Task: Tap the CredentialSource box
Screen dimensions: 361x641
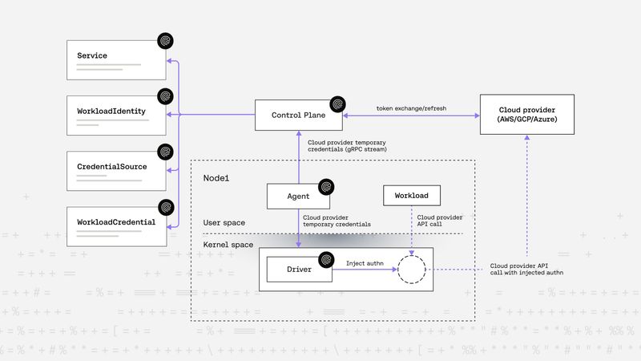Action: [x=116, y=169]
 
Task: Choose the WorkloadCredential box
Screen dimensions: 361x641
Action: [x=116, y=225]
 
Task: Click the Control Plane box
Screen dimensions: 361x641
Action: [x=299, y=116]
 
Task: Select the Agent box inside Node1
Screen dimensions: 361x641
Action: [x=298, y=196]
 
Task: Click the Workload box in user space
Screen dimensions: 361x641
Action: [x=412, y=196]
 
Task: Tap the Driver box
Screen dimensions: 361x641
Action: [x=298, y=270]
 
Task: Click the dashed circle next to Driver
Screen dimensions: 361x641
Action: [x=412, y=270]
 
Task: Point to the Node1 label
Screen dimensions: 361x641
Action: [x=216, y=176]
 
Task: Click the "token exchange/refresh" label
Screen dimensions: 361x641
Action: [x=412, y=107]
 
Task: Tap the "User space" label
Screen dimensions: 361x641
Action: [x=224, y=222]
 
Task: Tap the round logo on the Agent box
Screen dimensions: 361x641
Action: [x=325, y=186]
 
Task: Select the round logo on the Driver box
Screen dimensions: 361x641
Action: [x=326, y=259]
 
